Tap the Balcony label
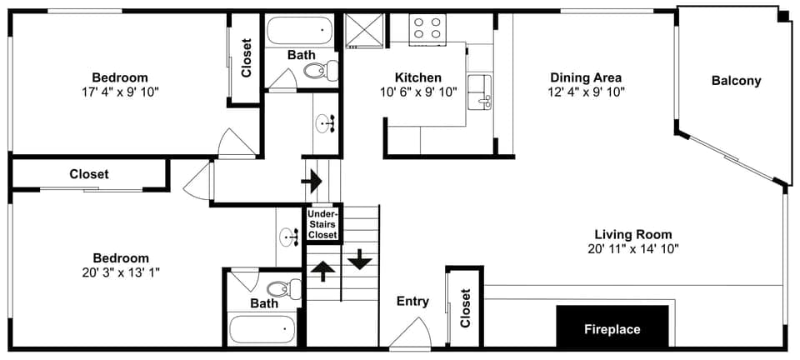[x=736, y=81]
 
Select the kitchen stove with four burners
[x=427, y=28]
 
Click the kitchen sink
[x=479, y=92]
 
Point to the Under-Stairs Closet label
[x=322, y=224]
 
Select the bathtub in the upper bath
[x=299, y=32]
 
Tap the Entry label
[x=412, y=302]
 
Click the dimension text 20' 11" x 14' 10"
[x=632, y=248]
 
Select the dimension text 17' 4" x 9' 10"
[x=120, y=92]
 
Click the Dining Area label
[x=586, y=77]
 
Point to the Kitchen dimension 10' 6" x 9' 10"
[x=418, y=92]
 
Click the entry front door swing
[x=409, y=333]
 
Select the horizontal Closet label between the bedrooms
[x=88, y=174]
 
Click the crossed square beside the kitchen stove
[x=362, y=30]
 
